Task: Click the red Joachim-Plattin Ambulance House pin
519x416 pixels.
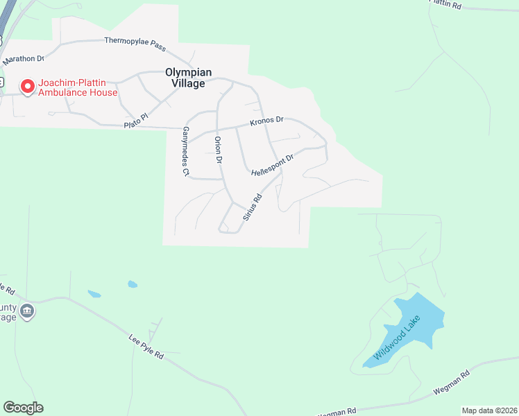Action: [28, 86]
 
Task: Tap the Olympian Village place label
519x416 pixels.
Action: [185, 77]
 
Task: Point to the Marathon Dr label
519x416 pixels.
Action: [23, 60]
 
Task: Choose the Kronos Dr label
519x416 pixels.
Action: [268, 121]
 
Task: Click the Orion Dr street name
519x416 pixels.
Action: [218, 150]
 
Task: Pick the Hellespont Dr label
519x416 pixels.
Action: [273, 164]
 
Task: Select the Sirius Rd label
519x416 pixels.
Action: [252, 207]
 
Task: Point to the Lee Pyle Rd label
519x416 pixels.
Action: [146, 346]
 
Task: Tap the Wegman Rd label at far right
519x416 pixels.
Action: [452, 382]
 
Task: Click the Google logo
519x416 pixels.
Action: [23, 408]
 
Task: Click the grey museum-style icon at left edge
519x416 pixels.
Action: [27, 310]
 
